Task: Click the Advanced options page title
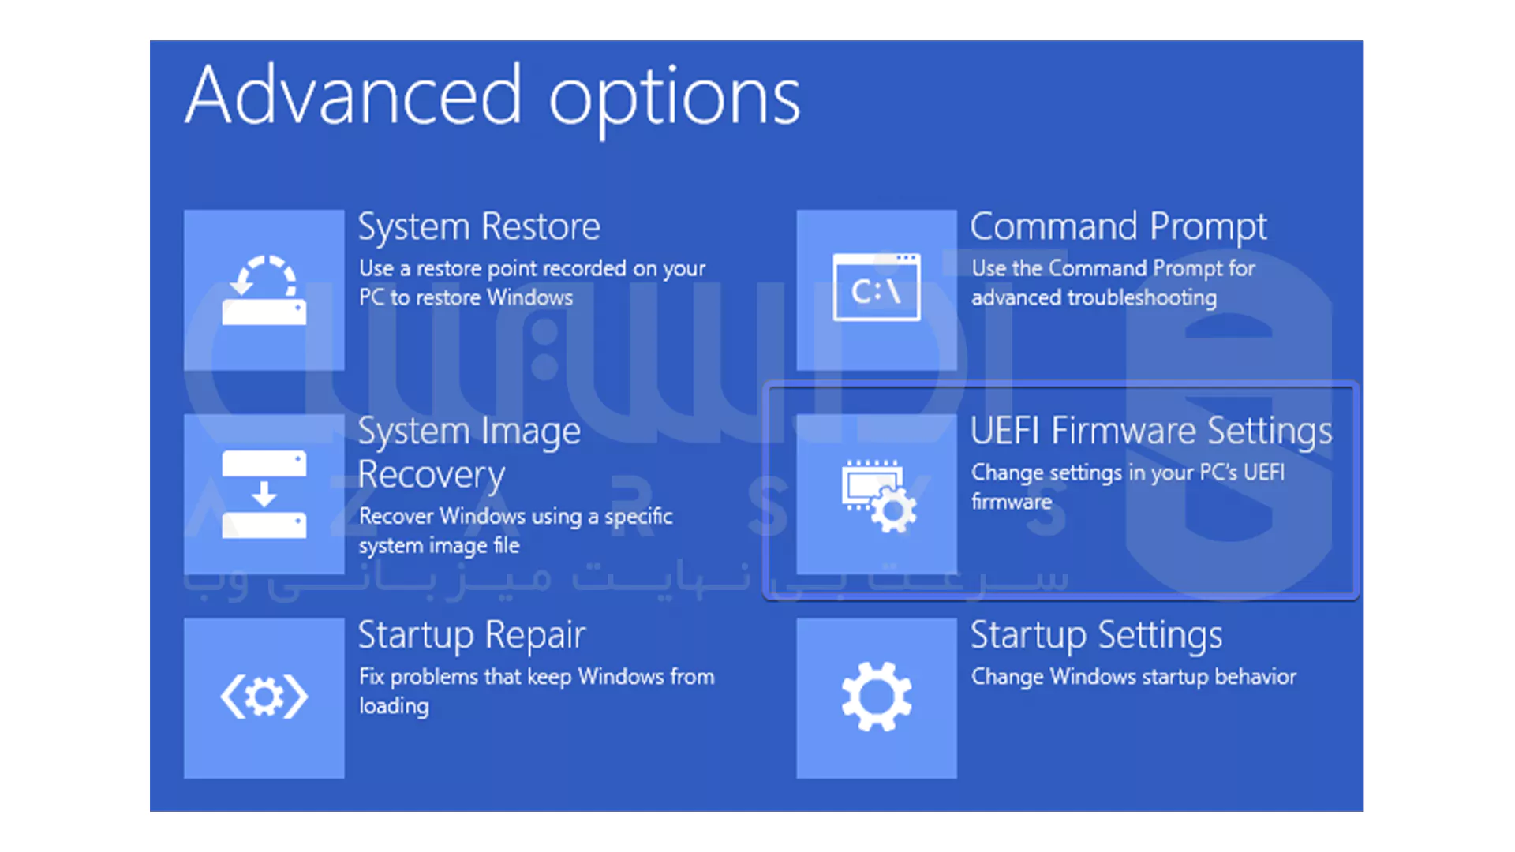click(492, 98)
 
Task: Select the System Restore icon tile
click(264, 290)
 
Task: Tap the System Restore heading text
click(479, 227)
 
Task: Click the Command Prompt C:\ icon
click(877, 287)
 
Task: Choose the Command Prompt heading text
click(1119, 227)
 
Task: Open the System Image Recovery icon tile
click(264, 495)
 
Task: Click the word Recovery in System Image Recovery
click(431, 475)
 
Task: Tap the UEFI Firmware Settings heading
click(1151, 432)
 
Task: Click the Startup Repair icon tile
click(264, 698)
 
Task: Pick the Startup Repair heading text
click(472, 636)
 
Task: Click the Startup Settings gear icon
click(877, 697)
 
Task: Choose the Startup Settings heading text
click(1096, 636)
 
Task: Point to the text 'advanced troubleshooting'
click(1094, 298)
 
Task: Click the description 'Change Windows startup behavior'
click(1134, 677)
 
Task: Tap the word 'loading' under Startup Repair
click(394, 706)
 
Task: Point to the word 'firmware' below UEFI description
click(1012, 502)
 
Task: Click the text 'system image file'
click(439, 546)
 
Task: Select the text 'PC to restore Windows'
click(466, 297)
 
